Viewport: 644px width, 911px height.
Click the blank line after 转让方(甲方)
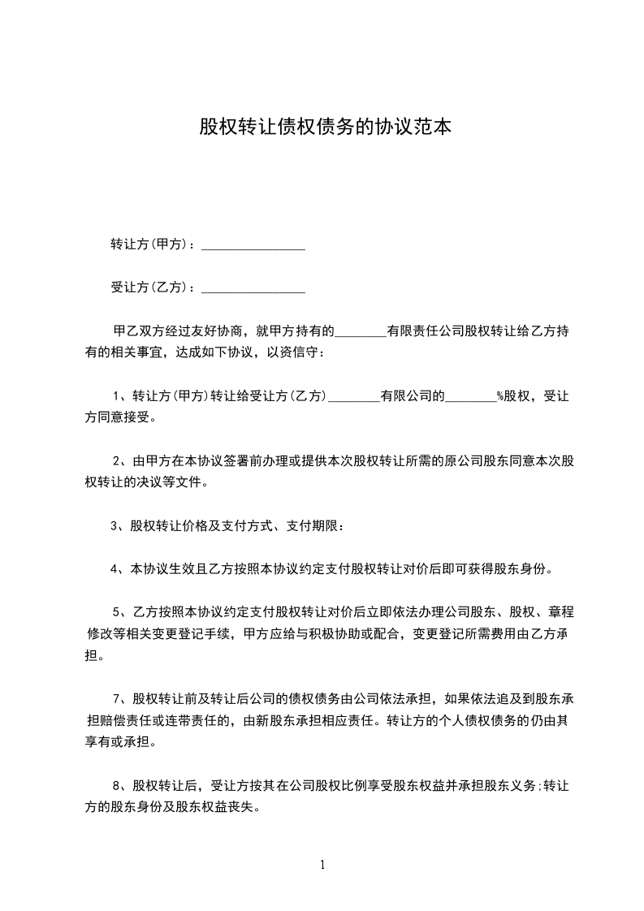[253, 246]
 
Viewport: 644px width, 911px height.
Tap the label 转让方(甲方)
[149, 244]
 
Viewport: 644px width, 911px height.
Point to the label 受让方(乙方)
[149, 287]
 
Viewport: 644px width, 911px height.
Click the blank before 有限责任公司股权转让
[360, 333]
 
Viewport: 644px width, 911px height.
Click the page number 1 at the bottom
[322, 865]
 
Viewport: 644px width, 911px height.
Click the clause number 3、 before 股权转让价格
[119, 526]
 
